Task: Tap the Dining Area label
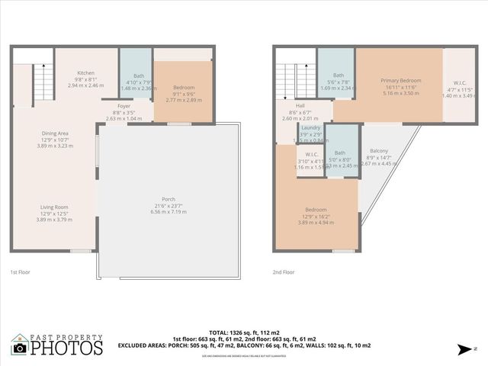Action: tap(55, 133)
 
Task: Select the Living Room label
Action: tap(55, 207)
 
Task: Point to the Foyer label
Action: tap(124, 106)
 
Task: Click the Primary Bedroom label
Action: tap(400, 80)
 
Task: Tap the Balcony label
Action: tap(379, 150)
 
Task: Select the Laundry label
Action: tap(310, 127)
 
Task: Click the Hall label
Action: tap(300, 106)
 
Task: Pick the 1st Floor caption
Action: tap(21, 271)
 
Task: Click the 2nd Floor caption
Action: tap(284, 271)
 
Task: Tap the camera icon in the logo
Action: tap(20, 348)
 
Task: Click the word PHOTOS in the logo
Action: tap(66, 348)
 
